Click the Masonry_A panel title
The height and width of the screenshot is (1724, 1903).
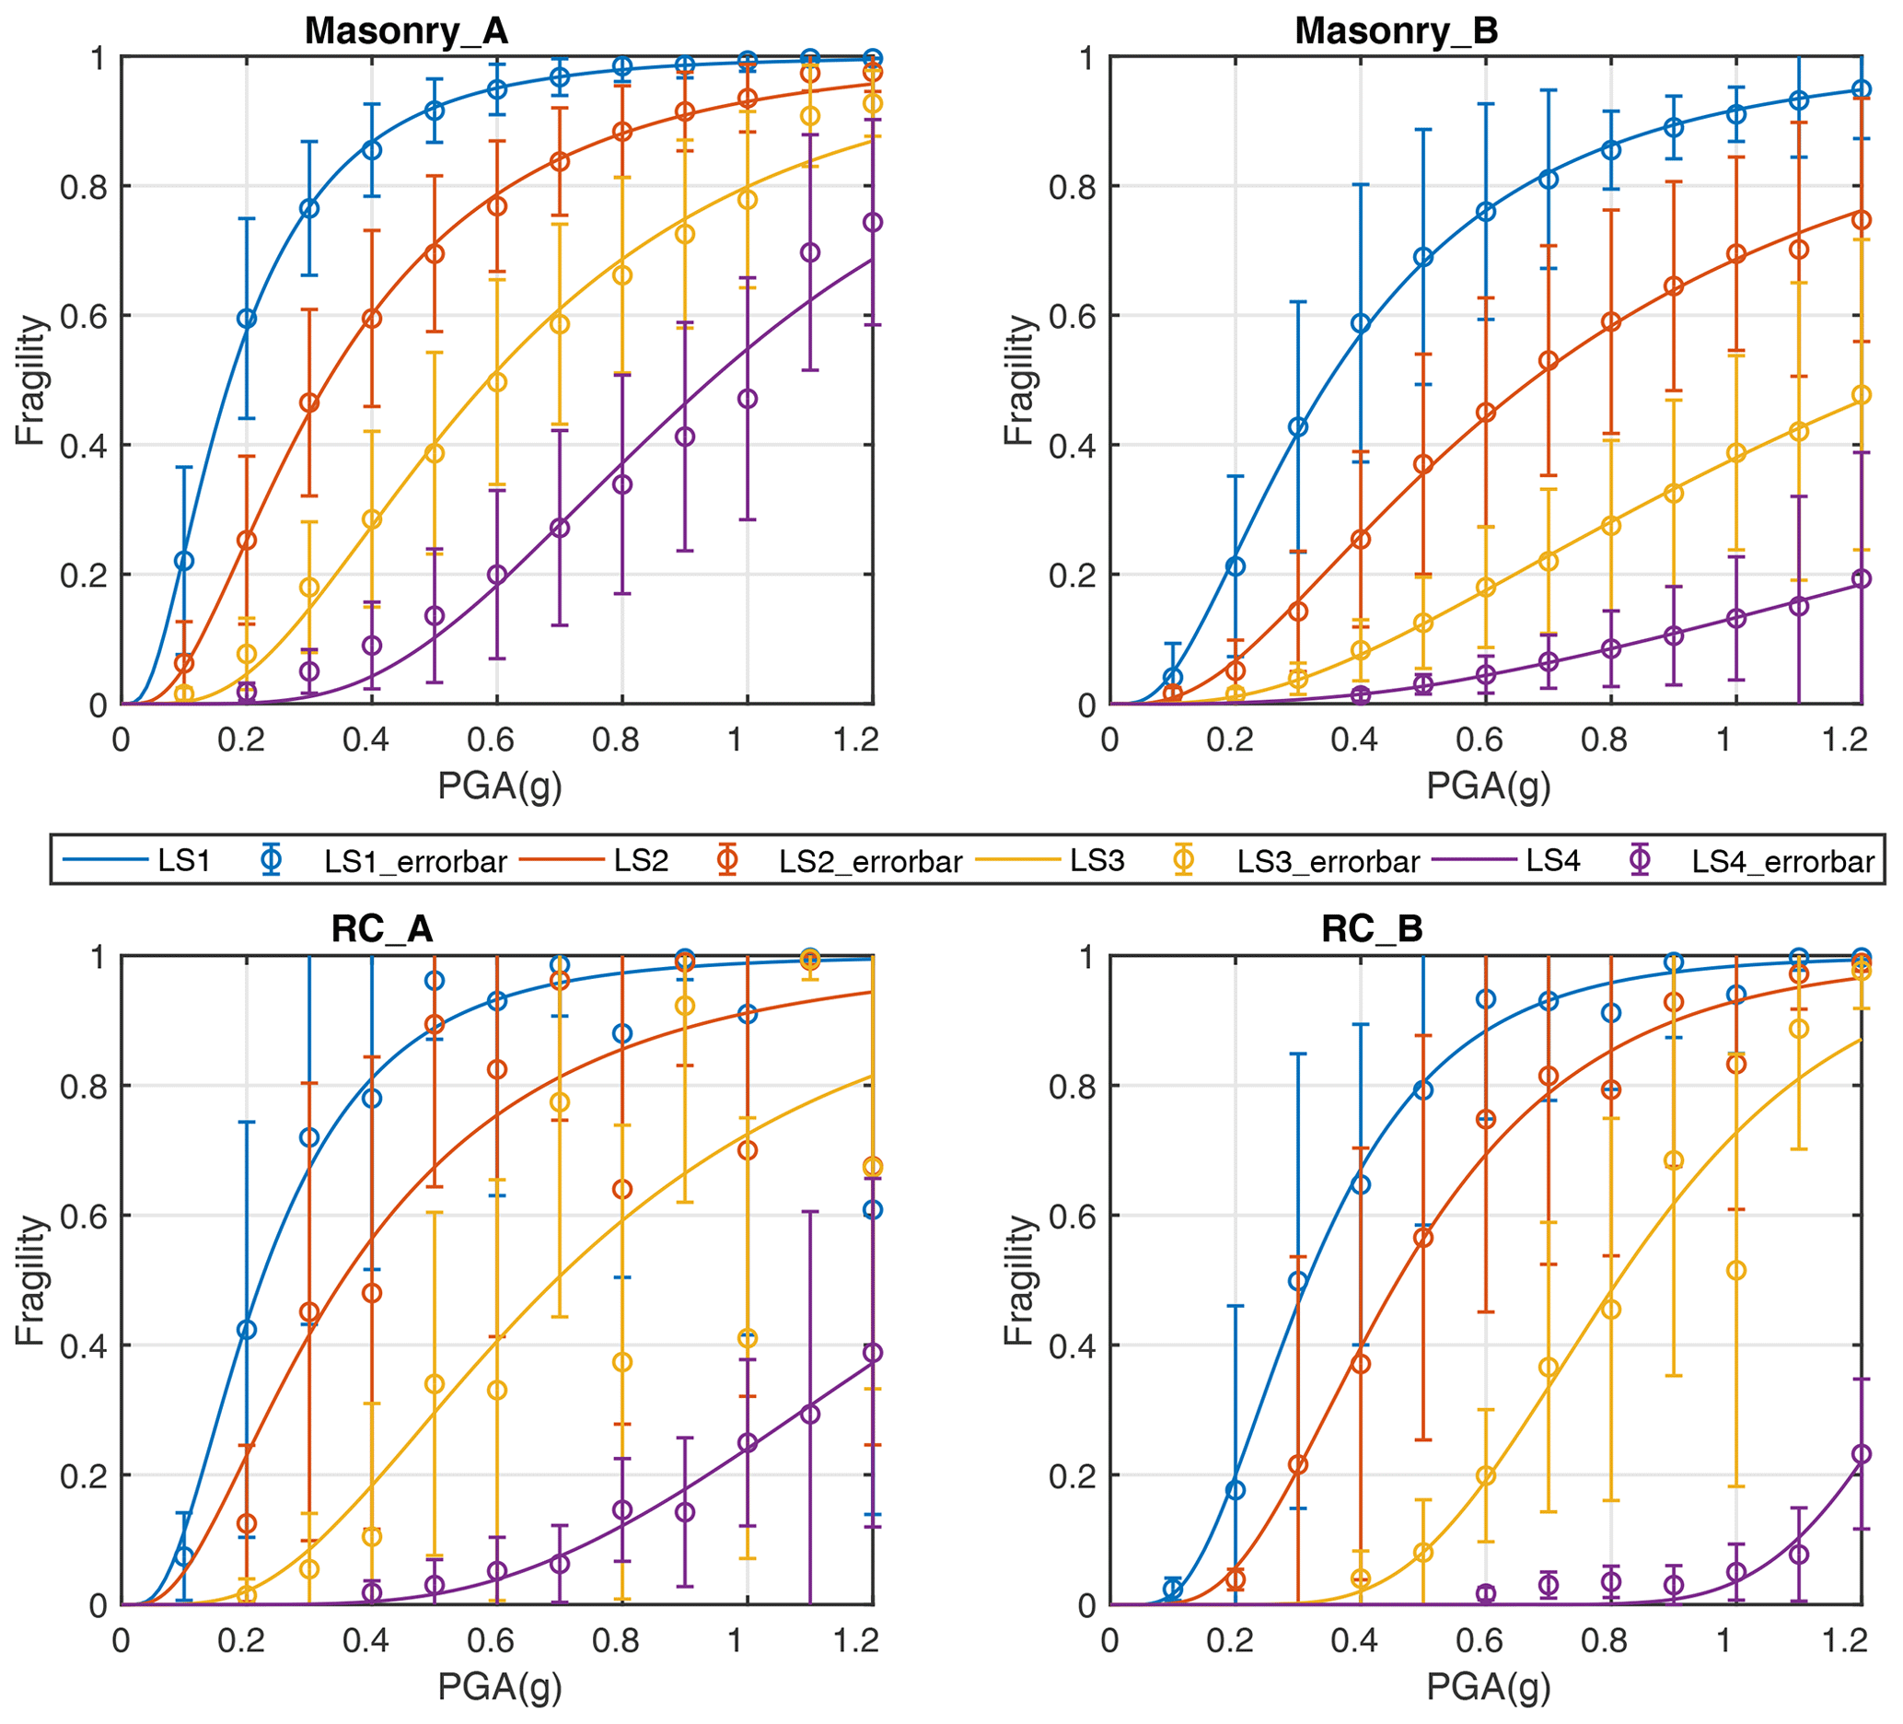click(x=406, y=31)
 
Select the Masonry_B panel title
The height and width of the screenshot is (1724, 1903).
click(x=1396, y=31)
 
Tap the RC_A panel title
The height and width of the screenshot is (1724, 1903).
click(x=381, y=929)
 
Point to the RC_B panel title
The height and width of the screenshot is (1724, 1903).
click(x=1372, y=929)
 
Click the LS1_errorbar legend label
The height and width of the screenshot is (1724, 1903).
click(x=415, y=861)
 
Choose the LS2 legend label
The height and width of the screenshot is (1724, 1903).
click(x=641, y=860)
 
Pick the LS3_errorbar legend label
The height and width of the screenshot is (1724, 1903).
click(x=1329, y=861)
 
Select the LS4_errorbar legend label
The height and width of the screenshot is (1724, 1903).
click(x=1782, y=861)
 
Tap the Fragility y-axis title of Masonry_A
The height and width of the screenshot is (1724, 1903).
click(x=31, y=380)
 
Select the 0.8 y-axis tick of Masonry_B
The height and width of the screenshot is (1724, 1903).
click(x=1073, y=187)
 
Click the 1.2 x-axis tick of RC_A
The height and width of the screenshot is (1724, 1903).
click(x=856, y=1641)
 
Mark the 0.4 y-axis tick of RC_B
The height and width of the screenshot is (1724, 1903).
click(x=1073, y=1345)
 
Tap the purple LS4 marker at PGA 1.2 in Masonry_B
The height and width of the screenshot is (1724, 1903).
click(x=1861, y=578)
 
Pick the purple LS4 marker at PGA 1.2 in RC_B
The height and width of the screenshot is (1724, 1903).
click(x=1861, y=1455)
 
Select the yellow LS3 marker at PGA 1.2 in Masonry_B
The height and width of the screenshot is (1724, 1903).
click(x=1861, y=395)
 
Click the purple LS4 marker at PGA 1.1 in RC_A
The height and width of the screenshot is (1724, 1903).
click(x=810, y=1415)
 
